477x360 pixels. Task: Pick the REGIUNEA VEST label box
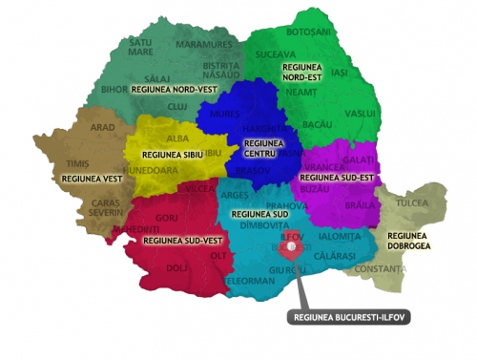coord(85,178)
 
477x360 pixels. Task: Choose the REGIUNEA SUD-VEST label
coord(176,243)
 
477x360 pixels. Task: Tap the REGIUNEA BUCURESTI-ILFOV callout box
coord(347,317)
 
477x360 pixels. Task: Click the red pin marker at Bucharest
coord(294,244)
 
